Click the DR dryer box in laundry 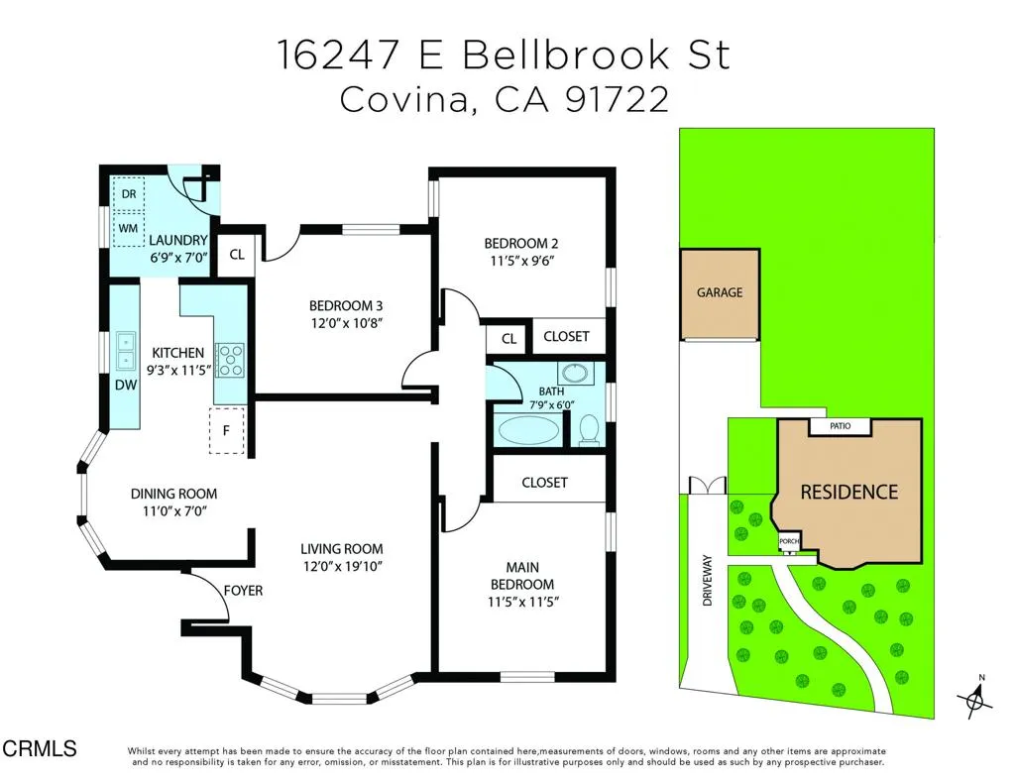tap(129, 193)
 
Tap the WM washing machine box tap(129, 228)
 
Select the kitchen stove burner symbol tap(230, 359)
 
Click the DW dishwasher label tap(125, 386)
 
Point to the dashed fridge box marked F tap(227, 430)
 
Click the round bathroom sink tap(572, 375)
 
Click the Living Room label tap(342, 549)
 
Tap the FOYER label tap(243, 591)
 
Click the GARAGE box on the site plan tap(720, 293)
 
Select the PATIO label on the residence tap(840, 426)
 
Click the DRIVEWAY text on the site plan tap(708, 580)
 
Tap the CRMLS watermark tap(40, 749)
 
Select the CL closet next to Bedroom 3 tap(237, 255)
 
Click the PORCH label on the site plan tap(789, 542)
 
